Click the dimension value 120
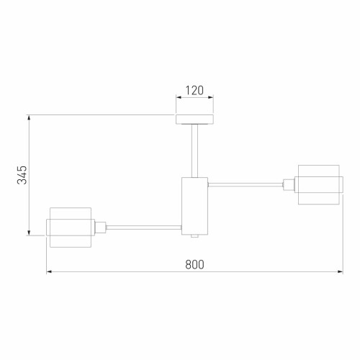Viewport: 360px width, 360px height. (x=194, y=91)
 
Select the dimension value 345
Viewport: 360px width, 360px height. (x=22, y=174)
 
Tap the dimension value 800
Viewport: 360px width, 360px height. (x=194, y=264)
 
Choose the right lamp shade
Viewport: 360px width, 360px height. (x=318, y=184)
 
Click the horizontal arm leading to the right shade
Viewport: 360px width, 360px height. (x=245, y=185)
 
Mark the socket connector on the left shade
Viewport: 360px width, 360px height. (x=102, y=227)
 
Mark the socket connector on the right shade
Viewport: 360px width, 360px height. (x=288, y=185)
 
